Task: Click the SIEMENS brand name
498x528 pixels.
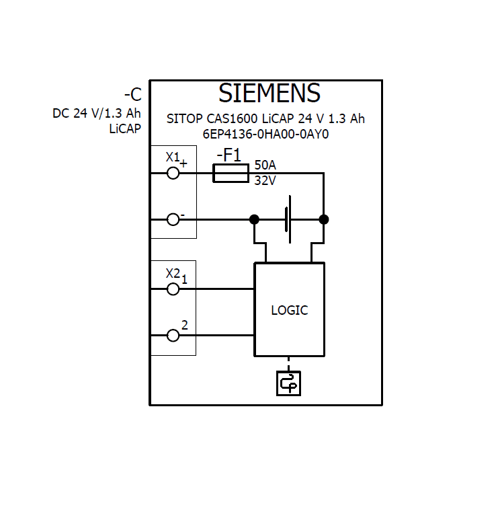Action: [x=269, y=93]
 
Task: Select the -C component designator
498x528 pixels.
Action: [x=132, y=95]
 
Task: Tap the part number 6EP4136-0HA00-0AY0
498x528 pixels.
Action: [x=265, y=133]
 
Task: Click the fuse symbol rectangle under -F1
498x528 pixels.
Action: [x=232, y=173]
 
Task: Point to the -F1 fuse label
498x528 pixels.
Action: [x=229, y=155]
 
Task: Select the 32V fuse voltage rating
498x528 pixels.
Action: [x=265, y=180]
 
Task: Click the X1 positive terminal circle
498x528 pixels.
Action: [x=173, y=173]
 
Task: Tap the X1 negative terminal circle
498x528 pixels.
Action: [x=173, y=219]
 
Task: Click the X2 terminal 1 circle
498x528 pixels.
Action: [x=173, y=289]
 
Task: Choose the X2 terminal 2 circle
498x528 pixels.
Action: [x=173, y=335]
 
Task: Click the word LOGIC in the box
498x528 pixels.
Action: [x=289, y=310]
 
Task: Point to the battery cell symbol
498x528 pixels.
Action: [x=288, y=219]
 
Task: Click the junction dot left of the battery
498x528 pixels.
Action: [x=254, y=219]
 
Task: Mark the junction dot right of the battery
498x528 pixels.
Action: [x=324, y=219]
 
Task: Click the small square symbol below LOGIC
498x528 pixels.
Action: [x=289, y=383]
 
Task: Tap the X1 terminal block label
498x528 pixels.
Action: [x=173, y=157]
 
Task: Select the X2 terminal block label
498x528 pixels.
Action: [x=173, y=273]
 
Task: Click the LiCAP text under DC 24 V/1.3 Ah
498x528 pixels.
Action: [x=125, y=129]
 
